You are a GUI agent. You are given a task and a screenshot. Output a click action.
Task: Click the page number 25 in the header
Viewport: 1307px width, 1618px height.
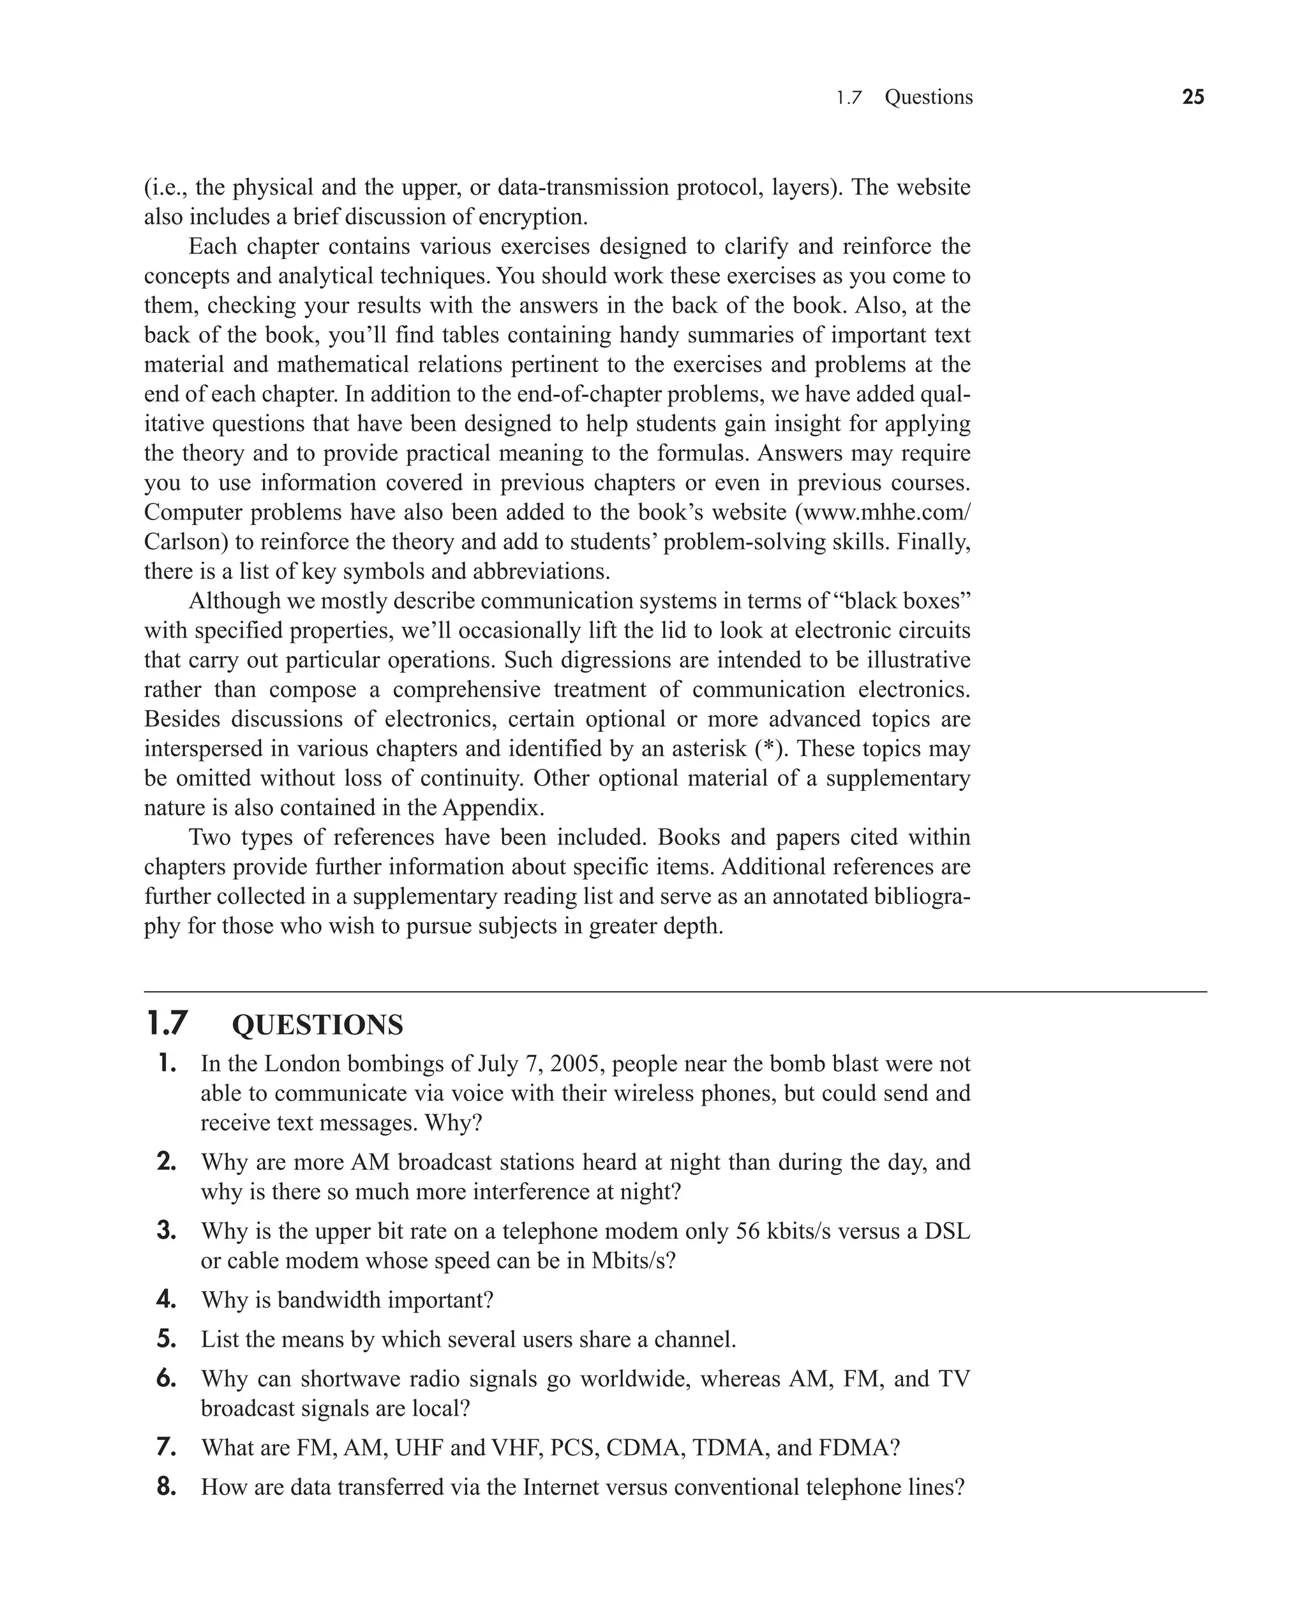click(1193, 97)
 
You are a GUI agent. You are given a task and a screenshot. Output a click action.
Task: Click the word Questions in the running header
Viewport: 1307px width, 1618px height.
click(929, 97)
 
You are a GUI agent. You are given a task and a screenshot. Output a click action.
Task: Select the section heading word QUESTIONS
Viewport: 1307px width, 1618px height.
click(317, 1026)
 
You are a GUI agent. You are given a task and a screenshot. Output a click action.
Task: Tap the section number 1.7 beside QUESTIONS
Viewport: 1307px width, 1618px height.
click(167, 1024)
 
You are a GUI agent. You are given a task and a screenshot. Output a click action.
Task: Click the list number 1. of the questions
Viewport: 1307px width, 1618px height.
click(167, 1064)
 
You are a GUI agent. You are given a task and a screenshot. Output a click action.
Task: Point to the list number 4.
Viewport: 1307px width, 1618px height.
click(167, 1299)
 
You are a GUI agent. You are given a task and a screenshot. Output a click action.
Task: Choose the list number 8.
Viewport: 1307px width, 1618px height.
click(167, 1487)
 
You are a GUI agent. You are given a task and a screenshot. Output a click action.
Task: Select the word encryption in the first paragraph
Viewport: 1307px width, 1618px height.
click(531, 218)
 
